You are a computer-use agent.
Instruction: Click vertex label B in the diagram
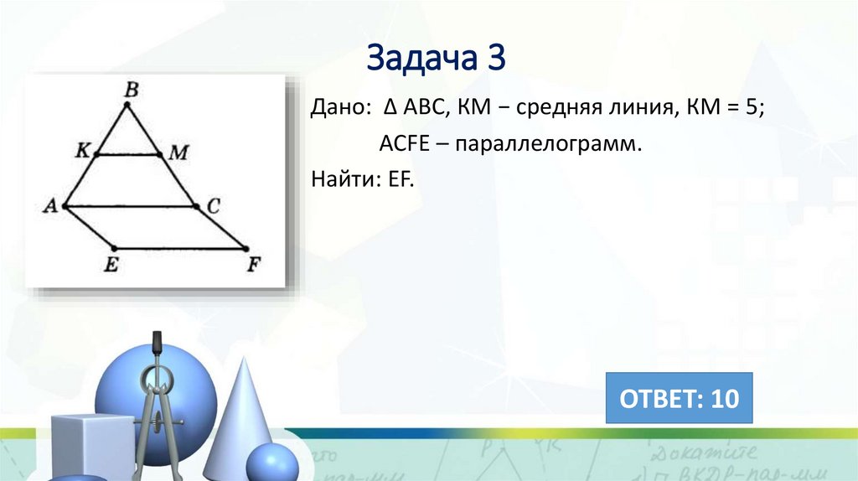coord(131,89)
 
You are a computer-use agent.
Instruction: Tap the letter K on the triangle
coord(81,152)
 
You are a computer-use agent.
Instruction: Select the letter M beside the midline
coord(178,153)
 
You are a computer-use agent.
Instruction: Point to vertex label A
coord(49,206)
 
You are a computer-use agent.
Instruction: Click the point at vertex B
coord(127,105)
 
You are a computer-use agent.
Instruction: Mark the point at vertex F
coord(245,248)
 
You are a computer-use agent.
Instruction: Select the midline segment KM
coord(128,154)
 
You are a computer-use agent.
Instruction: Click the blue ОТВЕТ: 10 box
coord(679,398)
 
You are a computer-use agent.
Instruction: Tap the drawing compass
coord(156,402)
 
